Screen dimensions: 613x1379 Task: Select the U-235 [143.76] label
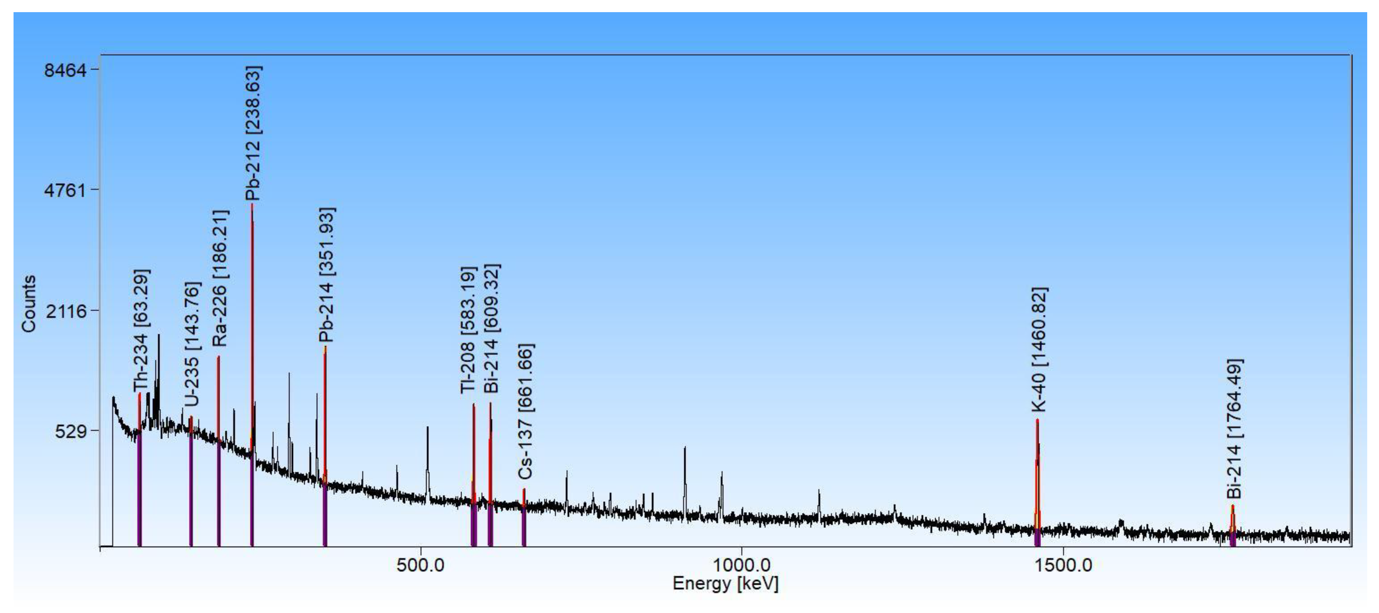(192, 344)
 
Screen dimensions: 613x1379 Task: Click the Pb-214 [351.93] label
(326, 275)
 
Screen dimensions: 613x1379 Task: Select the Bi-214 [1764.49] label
(1234, 428)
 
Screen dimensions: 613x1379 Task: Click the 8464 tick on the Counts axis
(65, 70)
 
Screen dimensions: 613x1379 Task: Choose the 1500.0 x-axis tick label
(1062, 565)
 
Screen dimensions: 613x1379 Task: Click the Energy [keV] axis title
(725, 584)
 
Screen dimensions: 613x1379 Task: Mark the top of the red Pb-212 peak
(252, 205)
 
